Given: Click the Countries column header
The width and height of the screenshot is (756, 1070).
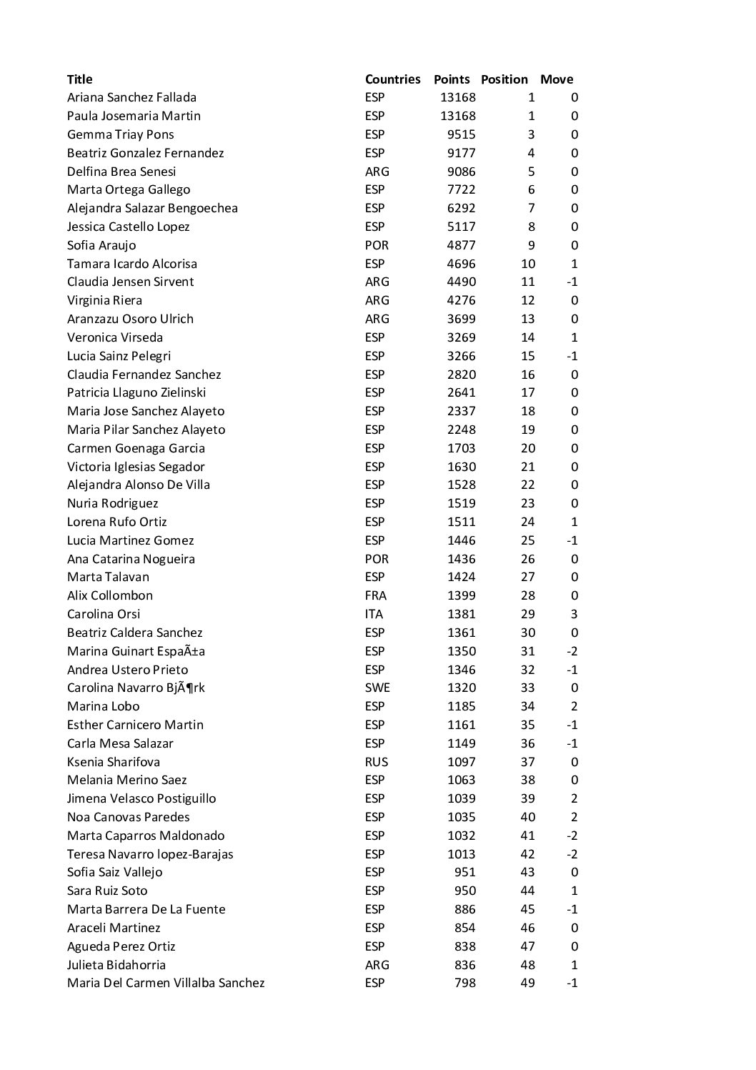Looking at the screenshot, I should coord(392,79).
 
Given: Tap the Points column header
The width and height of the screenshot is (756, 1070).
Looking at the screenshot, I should coord(452,79).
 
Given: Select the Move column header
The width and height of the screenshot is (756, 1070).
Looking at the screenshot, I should coord(557,79).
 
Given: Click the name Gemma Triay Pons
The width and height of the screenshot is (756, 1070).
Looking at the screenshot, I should coord(120,134).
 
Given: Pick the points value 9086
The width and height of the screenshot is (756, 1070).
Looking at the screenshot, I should coord(457,172).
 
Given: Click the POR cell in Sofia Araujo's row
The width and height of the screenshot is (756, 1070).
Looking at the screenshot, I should coord(377,245).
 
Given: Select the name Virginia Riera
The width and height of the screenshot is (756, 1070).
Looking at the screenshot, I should coord(104,300).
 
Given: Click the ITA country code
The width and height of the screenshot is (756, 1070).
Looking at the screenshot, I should coord(374,614).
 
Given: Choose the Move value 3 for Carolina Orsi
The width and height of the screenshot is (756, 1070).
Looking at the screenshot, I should coord(575,614).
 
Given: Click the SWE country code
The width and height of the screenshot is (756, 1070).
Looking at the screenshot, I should coord(377,688).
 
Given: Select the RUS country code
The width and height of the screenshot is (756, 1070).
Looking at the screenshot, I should coord(377,762).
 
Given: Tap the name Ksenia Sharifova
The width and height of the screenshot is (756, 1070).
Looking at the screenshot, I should coord(114,762).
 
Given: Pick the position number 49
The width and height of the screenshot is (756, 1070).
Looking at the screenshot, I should coord(527,983).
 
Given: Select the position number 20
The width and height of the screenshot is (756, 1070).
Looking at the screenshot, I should coord(527,448).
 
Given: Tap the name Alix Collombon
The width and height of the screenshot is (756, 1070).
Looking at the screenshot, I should coord(109,595).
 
